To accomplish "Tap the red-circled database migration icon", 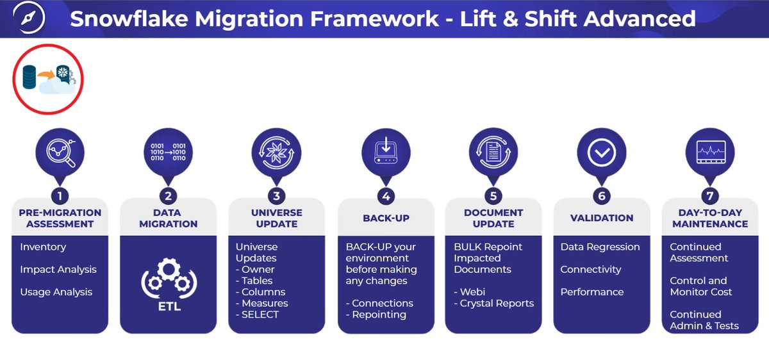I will coord(49,79).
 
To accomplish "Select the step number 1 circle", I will coord(60,196).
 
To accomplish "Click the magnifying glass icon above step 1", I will coord(60,153).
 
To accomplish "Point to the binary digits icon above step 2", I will coord(168,153).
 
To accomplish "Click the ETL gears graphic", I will coord(168,286).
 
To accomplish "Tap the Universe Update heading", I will coord(276,218).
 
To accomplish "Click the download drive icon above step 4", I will coord(385,153).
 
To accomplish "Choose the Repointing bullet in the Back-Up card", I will coord(379,315).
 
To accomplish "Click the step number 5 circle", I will coord(493,196).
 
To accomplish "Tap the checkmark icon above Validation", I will coord(601,153).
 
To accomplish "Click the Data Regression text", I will coord(600,247).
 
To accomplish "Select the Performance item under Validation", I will coord(591,291).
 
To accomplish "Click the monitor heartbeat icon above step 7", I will coord(709,153).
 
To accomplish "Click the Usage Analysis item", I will coord(56,291).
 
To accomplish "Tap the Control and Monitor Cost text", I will coord(701,286).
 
